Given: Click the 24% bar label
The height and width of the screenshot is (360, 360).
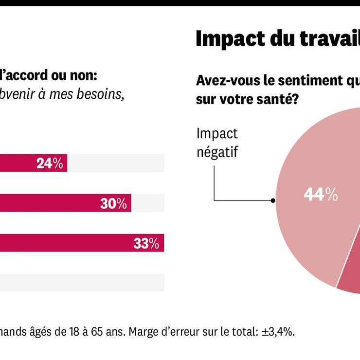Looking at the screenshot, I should point(50,163).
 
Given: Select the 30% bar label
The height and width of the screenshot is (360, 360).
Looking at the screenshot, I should point(113,203).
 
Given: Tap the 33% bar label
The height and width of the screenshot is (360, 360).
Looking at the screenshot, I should point(146,244).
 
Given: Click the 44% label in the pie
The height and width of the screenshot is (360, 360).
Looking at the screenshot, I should point(321,195).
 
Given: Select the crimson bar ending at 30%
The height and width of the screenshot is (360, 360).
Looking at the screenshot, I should point(49,203).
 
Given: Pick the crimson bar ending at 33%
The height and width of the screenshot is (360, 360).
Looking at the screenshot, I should point(63,244).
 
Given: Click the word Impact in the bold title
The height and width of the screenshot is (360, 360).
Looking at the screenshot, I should point(224,39).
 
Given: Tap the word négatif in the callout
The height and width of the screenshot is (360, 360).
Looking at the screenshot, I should point(217,151).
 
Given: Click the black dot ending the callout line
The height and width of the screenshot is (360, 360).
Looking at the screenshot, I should point(273,200).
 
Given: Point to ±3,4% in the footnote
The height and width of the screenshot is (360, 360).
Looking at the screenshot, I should point(277,332).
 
